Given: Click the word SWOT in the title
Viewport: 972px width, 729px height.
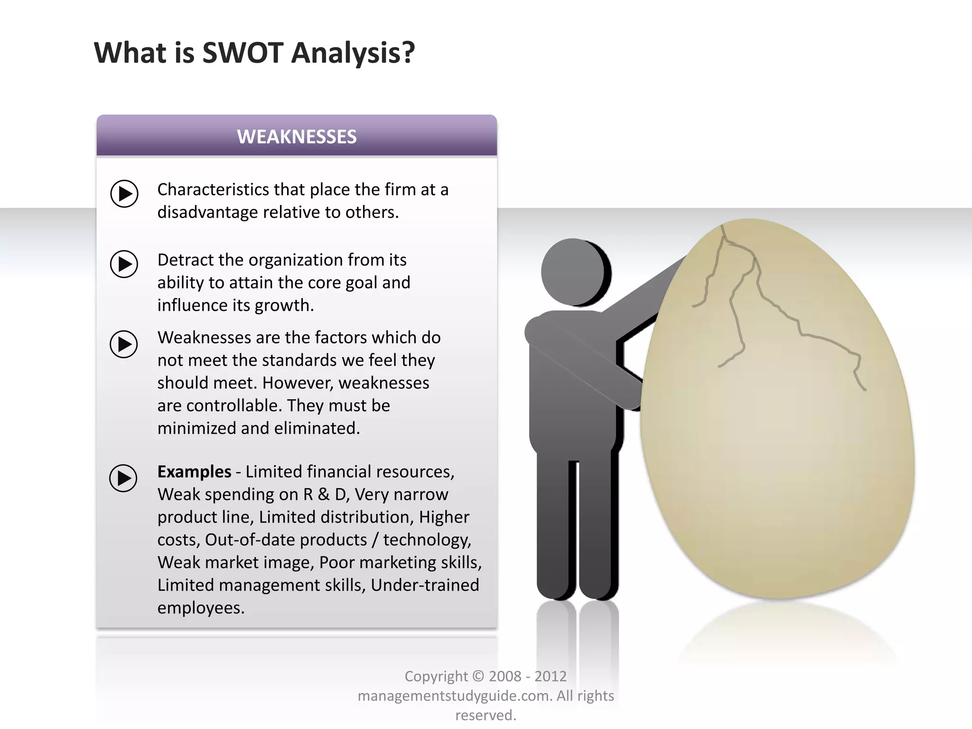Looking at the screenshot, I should click(x=243, y=53).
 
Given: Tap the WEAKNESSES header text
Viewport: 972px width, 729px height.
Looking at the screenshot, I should click(x=297, y=137).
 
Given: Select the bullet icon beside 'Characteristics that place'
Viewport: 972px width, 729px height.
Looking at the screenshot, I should click(x=124, y=194).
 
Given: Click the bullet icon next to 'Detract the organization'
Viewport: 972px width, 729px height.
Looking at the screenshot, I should click(x=124, y=264).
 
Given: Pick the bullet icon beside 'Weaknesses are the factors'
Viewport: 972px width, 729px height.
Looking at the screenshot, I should click(x=124, y=344).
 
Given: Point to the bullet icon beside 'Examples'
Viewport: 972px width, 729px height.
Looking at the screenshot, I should click(x=123, y=478).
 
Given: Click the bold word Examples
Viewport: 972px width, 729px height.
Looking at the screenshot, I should click(x=194, y=472).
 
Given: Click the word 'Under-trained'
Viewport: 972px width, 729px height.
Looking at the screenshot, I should click(x=425, y=585).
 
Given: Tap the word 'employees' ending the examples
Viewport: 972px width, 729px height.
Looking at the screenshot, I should click(x=200, y=608).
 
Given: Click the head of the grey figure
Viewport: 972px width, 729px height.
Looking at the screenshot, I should click(x=575, y=272).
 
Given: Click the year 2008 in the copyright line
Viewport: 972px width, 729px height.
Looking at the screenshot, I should click(x=505, y=676).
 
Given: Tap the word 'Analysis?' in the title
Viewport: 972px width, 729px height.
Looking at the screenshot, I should click(x=353, y=53).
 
